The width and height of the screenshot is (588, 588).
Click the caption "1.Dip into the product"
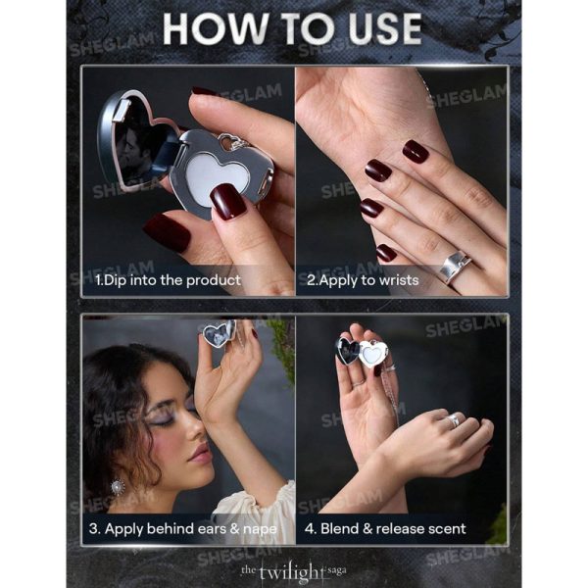pos(168,280)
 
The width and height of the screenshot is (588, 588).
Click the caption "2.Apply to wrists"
pos(363,280)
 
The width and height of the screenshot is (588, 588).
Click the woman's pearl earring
pos(118,487)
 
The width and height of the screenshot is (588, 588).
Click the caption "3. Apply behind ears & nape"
pos(183,529)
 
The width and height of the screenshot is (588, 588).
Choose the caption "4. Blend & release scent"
pos(385,529)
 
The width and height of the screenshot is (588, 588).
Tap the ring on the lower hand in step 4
pos(454,420)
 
